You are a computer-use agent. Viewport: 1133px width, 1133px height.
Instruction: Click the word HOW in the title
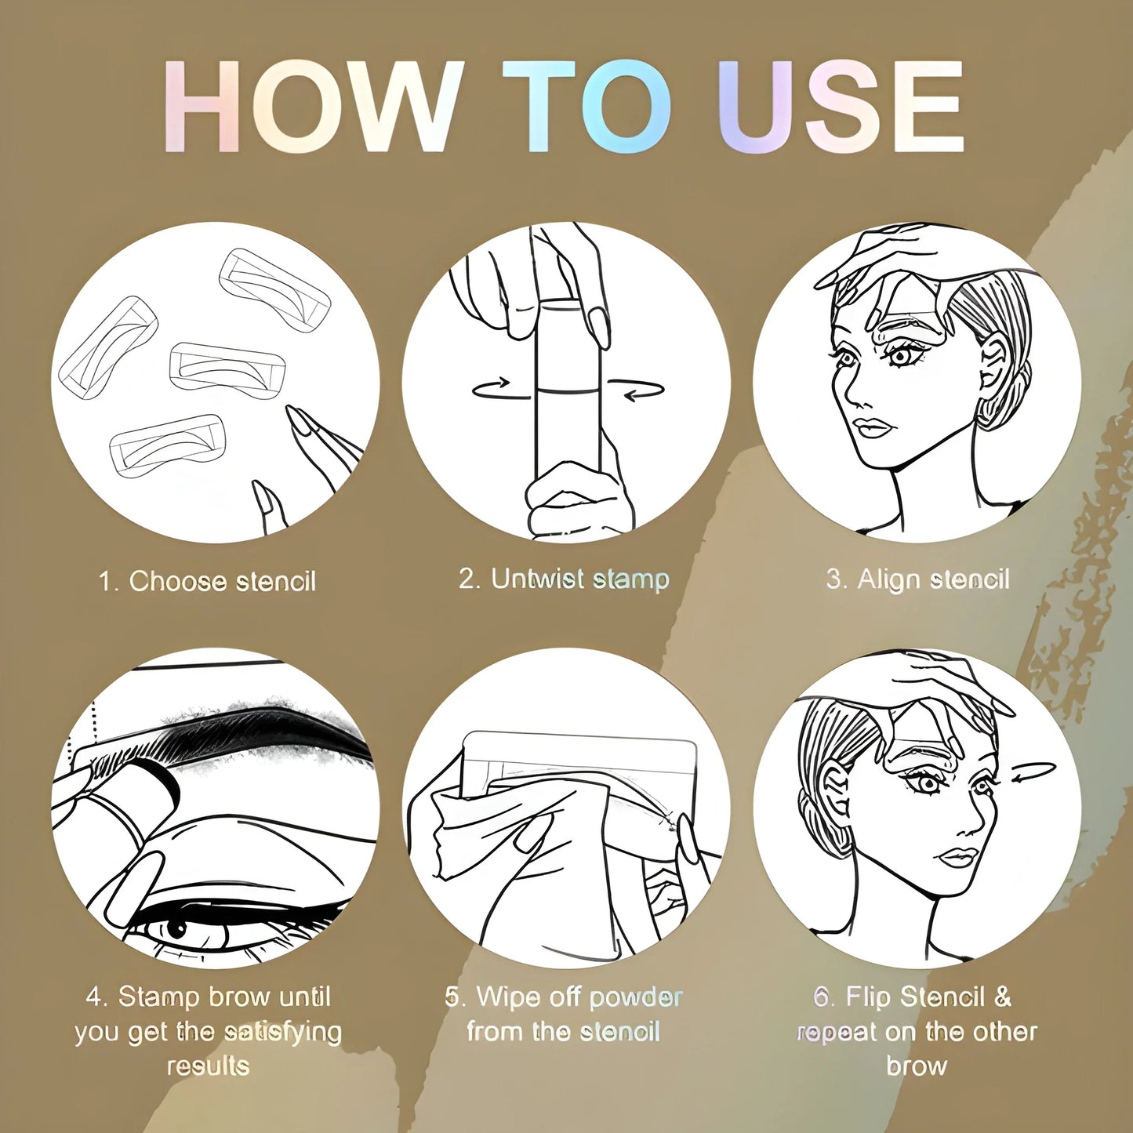tap(309, 107)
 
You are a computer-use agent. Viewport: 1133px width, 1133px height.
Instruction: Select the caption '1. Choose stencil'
tap(208, 582)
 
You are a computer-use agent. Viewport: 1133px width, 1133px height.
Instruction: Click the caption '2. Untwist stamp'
tap(564, 579)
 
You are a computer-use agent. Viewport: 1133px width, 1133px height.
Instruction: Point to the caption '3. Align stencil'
tap(918, 579)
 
